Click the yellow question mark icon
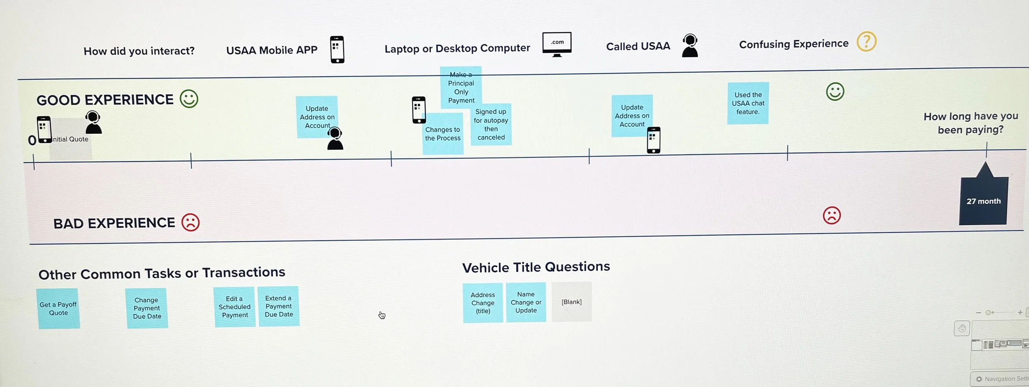coord(866,42)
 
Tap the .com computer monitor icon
coord(557,44)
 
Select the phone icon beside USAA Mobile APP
coord(337,49)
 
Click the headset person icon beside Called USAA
coord(690,46)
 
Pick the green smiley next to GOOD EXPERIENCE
coord(189,99)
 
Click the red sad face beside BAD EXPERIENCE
coord(191,222)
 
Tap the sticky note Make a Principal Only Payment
coord(461,87)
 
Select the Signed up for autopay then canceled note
coord(491,124)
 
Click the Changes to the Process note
coord(442,134)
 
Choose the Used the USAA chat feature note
coord(748,103)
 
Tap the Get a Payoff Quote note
coord(58,308)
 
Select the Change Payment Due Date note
coord(147,308)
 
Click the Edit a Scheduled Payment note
coord(235,307)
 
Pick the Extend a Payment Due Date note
coord(279,306)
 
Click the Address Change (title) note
coord(483,303)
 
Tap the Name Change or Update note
coord(526,302)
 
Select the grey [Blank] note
coord(571,302)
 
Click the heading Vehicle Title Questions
coord(536,267)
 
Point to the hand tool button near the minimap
coord(961,328)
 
